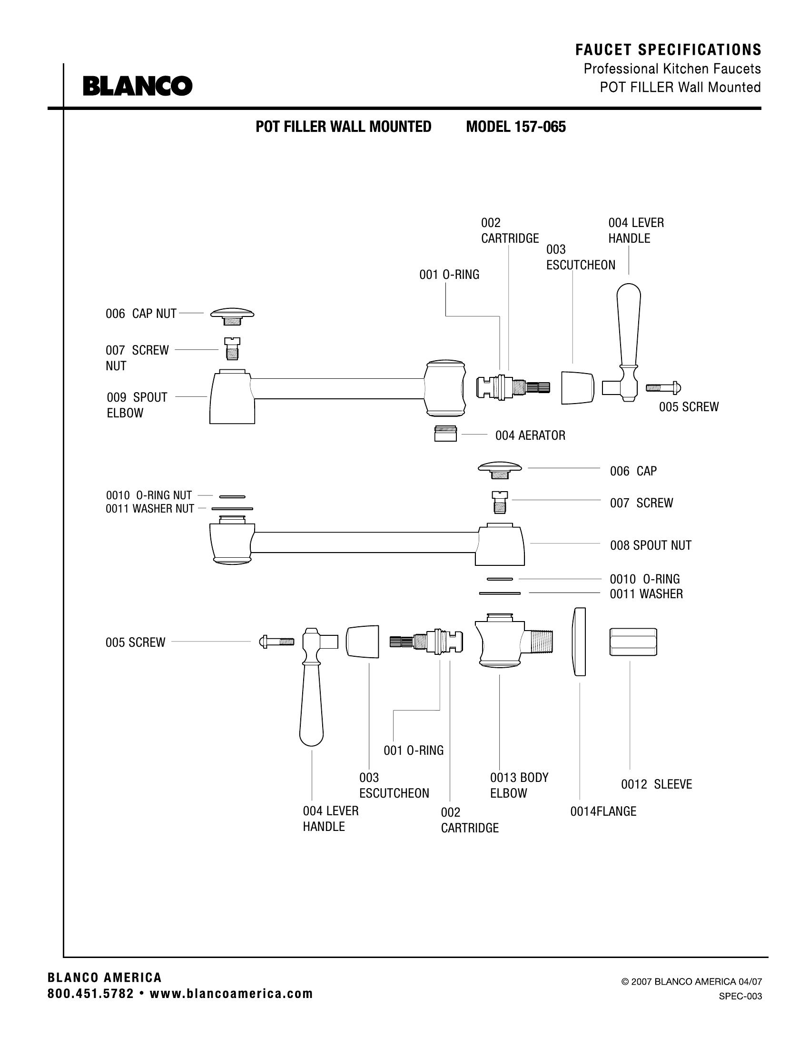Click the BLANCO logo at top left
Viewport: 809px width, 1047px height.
point(138,86)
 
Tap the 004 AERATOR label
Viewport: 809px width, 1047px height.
point(530,435)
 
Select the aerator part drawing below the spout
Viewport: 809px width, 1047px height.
point(445,434)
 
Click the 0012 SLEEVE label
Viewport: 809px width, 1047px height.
point(656,784)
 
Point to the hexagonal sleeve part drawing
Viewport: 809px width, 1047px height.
point(633,642)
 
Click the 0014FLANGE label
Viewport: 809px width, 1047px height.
point(603,811)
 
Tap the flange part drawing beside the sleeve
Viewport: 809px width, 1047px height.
point(580,642)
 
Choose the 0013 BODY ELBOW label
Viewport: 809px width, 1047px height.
point(519,785)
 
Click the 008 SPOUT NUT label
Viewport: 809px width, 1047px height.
point(651,545)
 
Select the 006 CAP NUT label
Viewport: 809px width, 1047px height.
point(141,314)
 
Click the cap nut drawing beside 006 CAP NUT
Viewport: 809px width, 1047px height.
point(232,316)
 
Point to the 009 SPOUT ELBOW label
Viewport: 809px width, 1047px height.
point(137,405)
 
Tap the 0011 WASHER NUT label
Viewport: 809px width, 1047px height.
point(149,509)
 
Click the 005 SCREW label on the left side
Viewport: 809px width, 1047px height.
point(135,642)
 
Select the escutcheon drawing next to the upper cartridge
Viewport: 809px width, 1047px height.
point(577,387)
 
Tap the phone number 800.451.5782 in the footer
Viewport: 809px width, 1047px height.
point(90,994)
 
